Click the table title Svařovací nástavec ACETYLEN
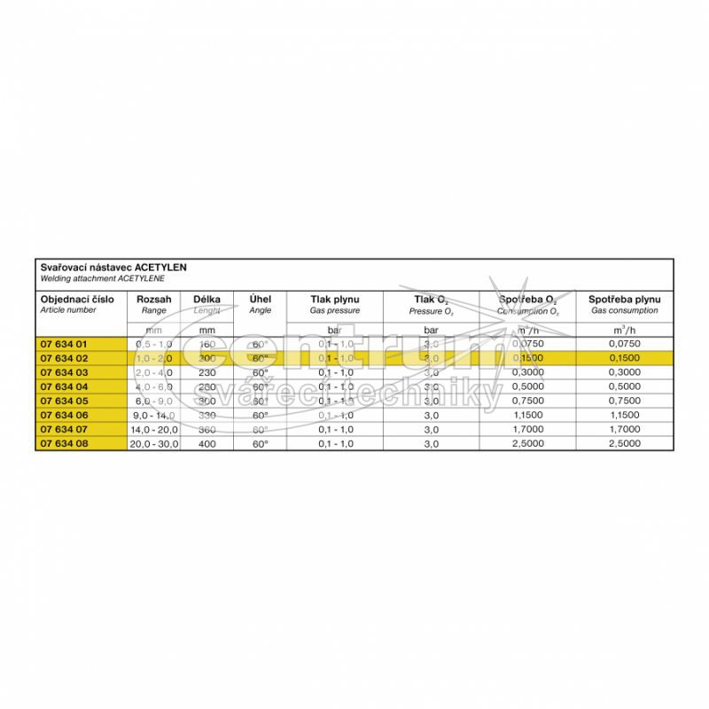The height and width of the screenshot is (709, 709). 113,267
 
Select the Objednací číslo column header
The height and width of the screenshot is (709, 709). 77,300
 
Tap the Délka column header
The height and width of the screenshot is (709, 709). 206,300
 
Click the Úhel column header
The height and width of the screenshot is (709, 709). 260,300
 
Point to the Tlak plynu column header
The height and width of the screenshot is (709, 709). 334,300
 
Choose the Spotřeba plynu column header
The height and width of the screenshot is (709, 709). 624,300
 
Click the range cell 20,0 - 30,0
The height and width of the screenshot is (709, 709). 154,443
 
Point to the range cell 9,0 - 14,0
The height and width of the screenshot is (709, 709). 154,415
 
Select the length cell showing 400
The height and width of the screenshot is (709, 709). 206,443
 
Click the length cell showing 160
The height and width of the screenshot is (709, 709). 206,343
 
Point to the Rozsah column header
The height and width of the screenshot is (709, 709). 154,300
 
